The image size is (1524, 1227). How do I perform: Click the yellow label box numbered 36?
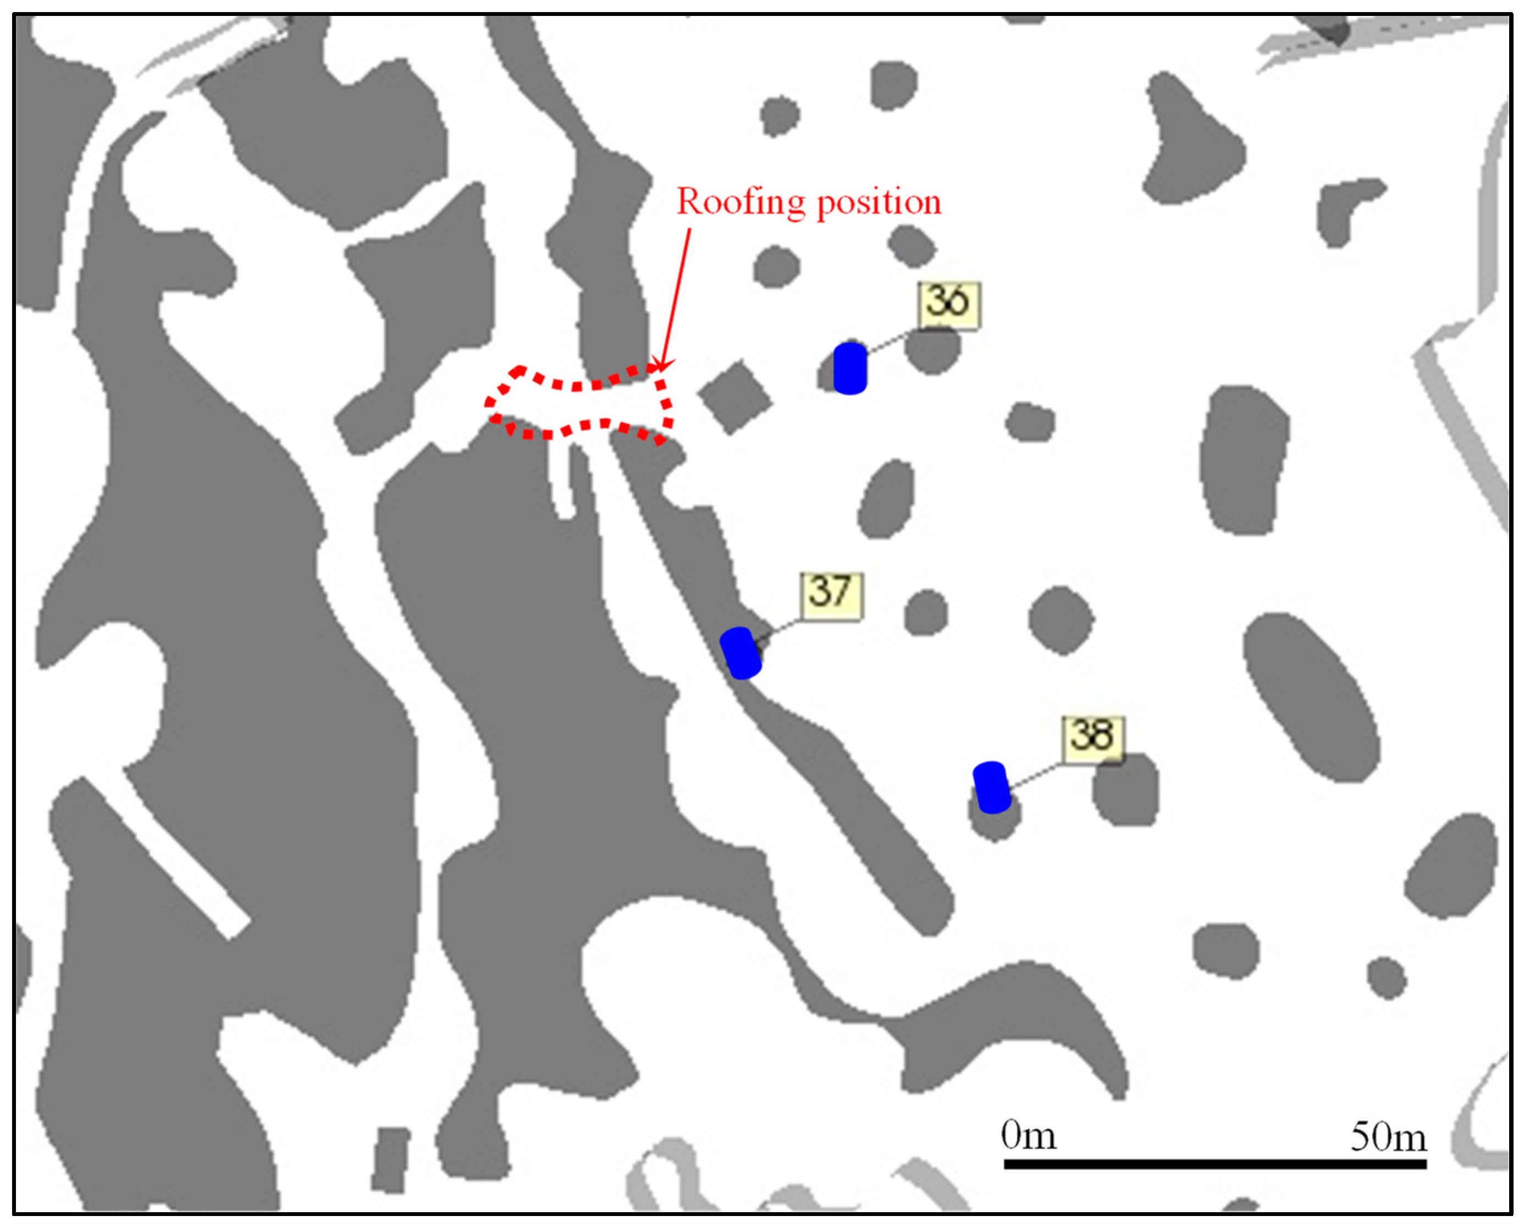tap(949, 306)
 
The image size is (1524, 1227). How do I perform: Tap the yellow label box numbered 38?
tap(1092, 739)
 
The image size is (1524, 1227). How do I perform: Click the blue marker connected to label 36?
tap(849, 368)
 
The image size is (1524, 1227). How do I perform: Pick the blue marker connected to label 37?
tap(741, 652)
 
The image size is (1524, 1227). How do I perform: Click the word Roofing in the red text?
tap(741, 202)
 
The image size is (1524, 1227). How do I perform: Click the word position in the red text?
tap(879, 203)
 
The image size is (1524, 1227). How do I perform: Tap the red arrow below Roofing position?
tap(675, 297)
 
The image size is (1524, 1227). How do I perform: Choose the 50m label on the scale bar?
tap(1388, 1138)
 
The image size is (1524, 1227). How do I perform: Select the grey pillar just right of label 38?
tap(1126, 790)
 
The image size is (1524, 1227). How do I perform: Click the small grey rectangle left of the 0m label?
tap(390, 1160)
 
